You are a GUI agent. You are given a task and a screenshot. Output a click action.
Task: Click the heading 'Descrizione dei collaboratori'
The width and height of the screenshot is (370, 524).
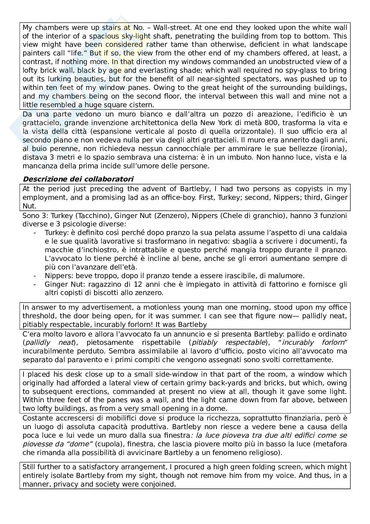coord(78,179)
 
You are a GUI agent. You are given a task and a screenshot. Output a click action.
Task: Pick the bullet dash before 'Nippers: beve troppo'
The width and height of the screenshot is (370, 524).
coord(35,276)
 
